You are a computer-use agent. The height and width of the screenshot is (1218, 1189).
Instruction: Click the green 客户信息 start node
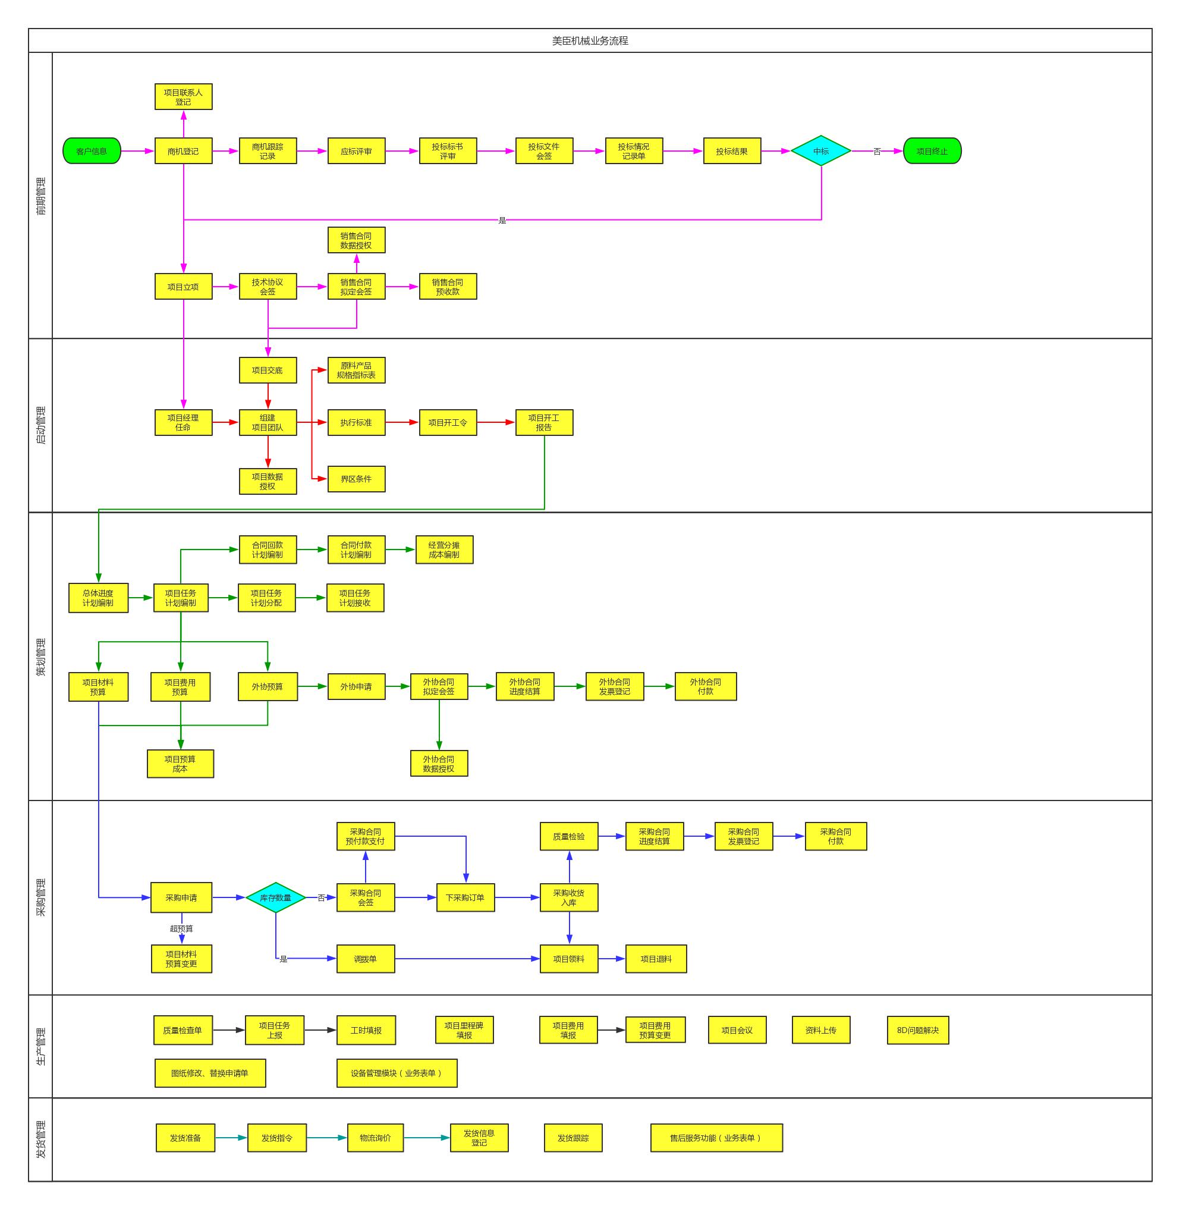click(92, 151)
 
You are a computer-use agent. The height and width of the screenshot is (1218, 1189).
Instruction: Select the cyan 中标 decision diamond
click(820, 151)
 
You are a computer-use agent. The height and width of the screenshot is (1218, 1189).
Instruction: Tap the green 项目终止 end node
click(932, 151)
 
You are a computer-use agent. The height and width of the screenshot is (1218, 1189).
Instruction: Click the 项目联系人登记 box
click(183, 97)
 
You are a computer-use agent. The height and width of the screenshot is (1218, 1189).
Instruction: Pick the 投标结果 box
click(732, 151)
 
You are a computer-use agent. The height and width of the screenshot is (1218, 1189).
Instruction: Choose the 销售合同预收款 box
click(448, 287)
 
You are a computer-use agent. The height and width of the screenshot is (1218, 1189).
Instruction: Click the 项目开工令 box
click(448, 423)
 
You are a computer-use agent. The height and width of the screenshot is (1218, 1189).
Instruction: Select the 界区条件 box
click(356, 479)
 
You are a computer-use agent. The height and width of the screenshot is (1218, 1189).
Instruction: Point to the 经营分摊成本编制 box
click(444, 550)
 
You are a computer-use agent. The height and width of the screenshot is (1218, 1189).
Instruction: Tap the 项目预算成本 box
click(180, 764)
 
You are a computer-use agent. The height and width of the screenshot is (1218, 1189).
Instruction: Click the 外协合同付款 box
click(705, 686)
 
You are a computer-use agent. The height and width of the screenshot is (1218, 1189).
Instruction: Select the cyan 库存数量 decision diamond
click(275, 897)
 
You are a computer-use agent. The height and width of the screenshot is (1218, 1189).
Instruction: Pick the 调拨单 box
click(365, 959)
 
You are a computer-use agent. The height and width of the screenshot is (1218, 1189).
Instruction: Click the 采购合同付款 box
click(835, 836)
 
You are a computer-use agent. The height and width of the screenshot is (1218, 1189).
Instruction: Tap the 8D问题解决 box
click(917, 1030)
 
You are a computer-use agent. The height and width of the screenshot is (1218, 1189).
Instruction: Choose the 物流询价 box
click(375, 1138)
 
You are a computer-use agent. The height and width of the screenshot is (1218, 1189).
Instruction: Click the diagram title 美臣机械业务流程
click(590, 40)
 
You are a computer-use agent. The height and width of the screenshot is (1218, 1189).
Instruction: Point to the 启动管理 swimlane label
click(40, 425)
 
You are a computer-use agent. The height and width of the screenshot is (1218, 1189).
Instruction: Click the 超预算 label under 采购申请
click(181, 929)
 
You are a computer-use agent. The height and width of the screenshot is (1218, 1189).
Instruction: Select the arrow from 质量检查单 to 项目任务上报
click(228, 1030)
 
